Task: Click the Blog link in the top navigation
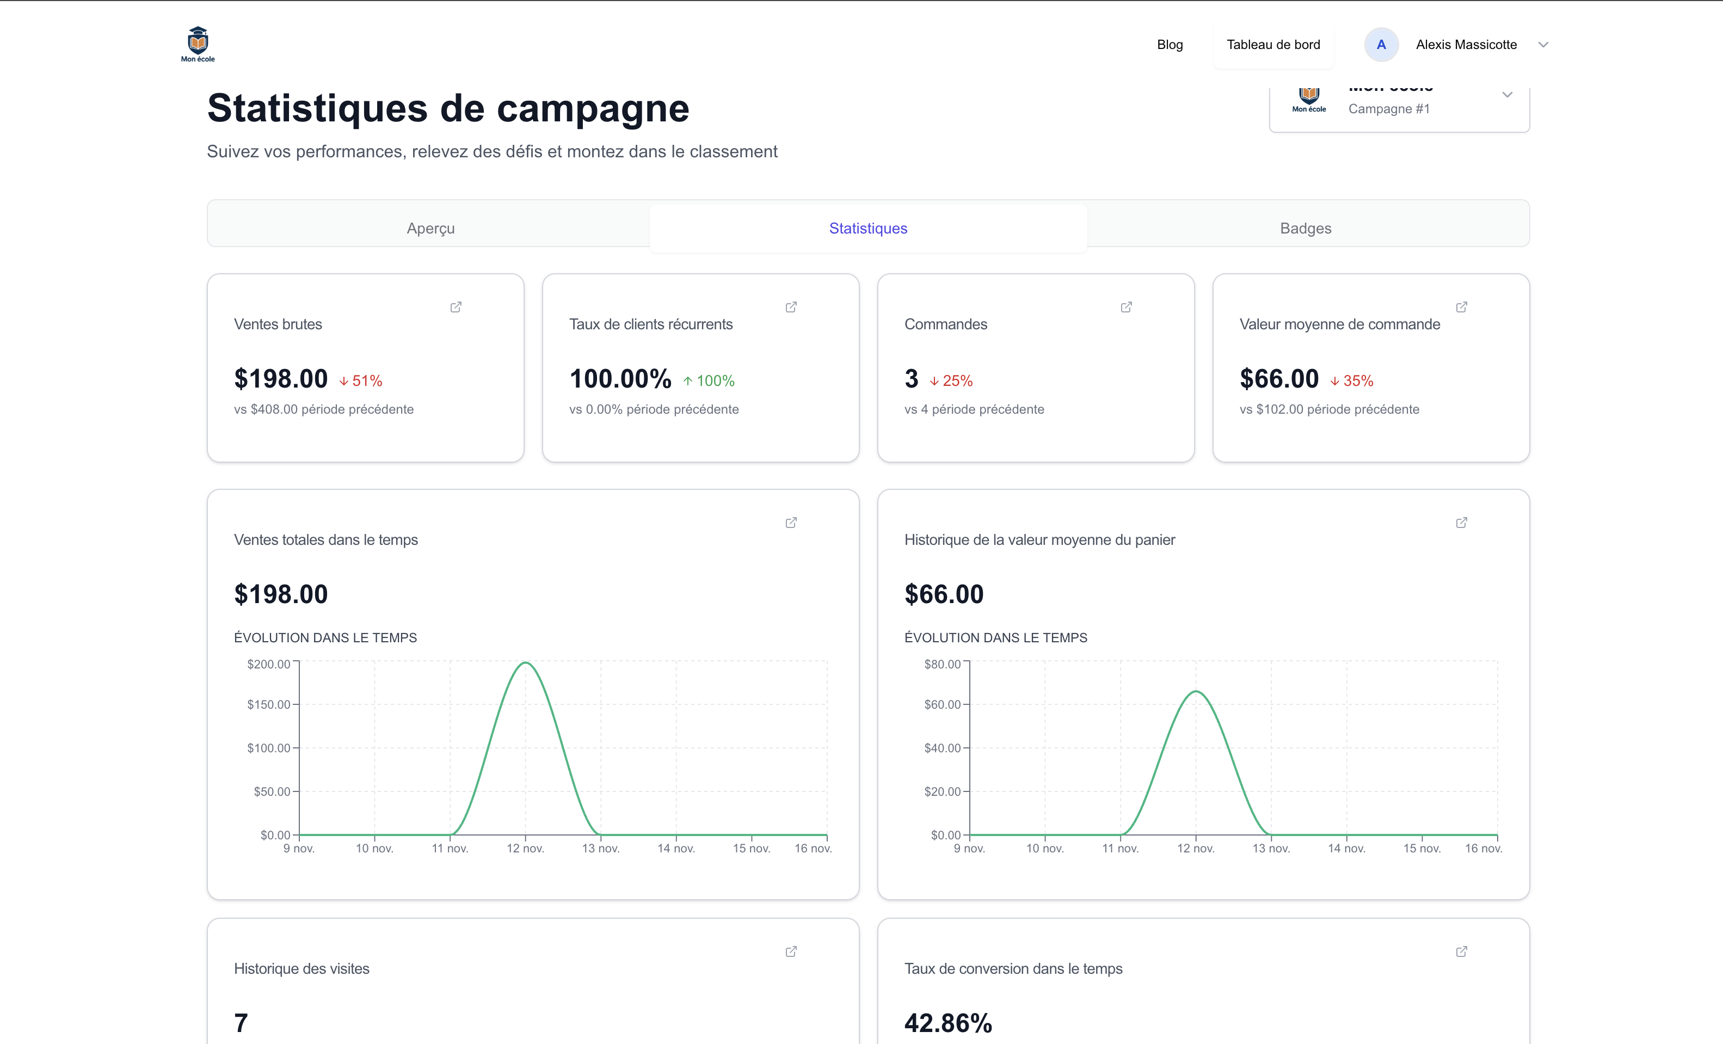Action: click(x=1169, y=45)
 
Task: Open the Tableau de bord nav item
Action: click(x=1273, y=45)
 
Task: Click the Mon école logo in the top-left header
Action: click(x=198, y=44)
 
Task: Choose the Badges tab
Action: click(x=1305, y=228)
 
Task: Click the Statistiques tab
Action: click(x=868, y=228)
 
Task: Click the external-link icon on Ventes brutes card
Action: click(x=456, y=307)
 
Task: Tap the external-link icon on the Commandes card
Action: click(x=1126, y=307)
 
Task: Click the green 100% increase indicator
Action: click(x=709, y=381)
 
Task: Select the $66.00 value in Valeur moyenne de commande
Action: click(x=1278, y=379)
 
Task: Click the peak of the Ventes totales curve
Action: click(x=525, y=662)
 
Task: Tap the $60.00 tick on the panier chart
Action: click(x=942, y=704)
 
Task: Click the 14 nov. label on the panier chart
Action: click(x=1346, y=848)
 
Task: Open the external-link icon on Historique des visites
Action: click(x=791, y=951)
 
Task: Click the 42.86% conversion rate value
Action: click(x=947, y=1023)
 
